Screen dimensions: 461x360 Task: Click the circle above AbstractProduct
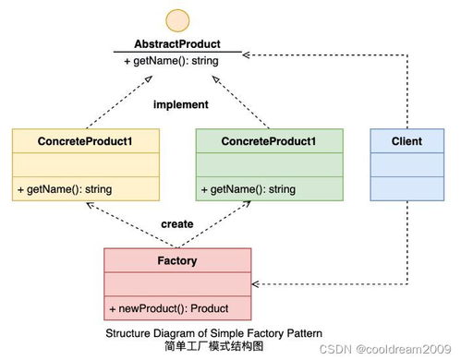click(177, 20)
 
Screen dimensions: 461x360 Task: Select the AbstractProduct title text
click(177, 44)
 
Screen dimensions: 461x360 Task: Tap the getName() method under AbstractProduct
click(171, 61)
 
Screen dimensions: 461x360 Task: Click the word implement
click(181, 104)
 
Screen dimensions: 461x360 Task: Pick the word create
click(177, 224)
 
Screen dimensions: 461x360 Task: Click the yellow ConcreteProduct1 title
click(85, 141)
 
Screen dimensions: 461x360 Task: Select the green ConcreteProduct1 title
click(269, 141)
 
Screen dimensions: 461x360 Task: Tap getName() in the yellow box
click(65, 189)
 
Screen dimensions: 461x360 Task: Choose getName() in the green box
click(249, 189)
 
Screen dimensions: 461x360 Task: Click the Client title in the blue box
click(406, 141)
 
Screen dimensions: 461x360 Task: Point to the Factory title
click(177, 261)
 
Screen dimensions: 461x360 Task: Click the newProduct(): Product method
click(169, 308)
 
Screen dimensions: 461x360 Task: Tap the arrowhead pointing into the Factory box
click(255, 284)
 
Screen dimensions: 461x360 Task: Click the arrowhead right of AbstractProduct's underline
click(246, 55)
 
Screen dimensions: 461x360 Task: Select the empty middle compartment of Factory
click(177, 284)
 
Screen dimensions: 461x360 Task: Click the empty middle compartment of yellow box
click(86, 165)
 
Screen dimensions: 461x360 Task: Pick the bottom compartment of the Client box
click(407, 188)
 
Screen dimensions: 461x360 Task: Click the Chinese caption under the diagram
click(213, 346)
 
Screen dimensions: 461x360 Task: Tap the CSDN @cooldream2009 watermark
click(385, 349)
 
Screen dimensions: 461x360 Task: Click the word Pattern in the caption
click(304, 333)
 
